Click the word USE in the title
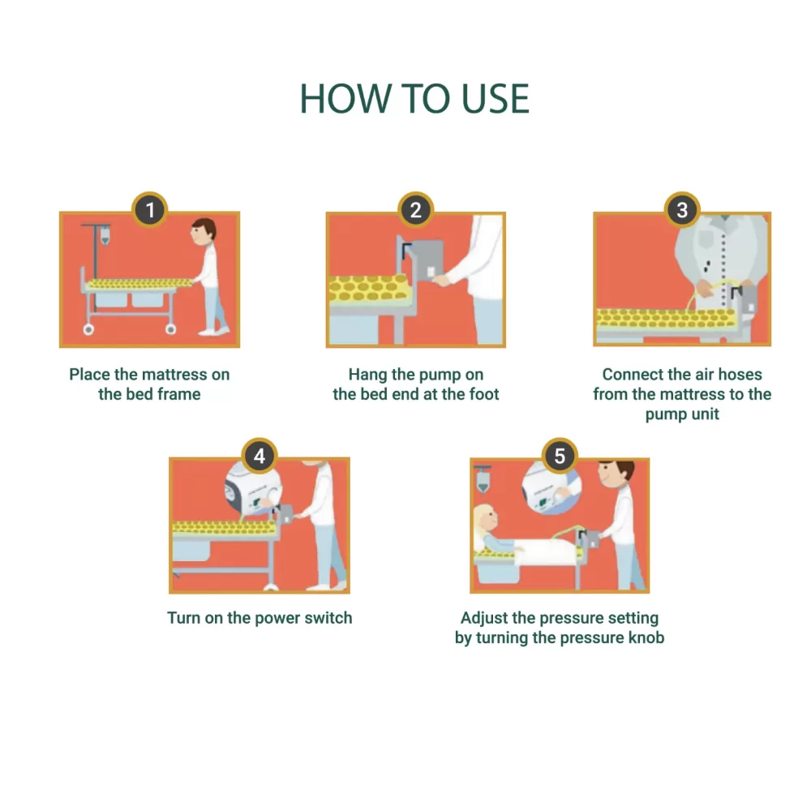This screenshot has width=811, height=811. coord(495,98)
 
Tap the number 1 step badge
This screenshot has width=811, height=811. coord(150,209)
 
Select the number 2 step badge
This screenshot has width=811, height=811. coord(416,209)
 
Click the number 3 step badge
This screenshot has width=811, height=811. coord(682,209)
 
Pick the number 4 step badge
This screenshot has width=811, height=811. coord(260,456)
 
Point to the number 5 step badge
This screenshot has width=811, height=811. coord(560,456)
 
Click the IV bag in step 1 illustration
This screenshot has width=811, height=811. coord(105,236)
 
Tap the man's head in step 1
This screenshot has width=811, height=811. coord(204,232)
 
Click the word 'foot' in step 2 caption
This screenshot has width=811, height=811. coord(484,394)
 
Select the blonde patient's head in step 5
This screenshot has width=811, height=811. coord(486,521)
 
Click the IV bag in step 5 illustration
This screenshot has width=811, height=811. coord(483,482)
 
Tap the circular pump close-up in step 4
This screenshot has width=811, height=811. coord(253,490)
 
